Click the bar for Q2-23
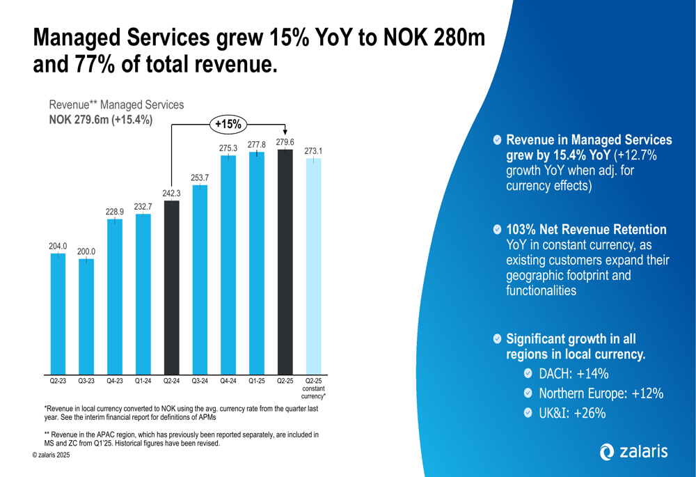click(x=58, y=313)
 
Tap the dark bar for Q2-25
click(x=285, y=261)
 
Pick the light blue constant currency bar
click(x=313, y=265)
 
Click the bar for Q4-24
click(x=228, y=265)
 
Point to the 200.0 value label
click(x=86, y=251)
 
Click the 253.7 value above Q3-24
click(x=200, y=178)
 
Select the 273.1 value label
click(x=314, y=150)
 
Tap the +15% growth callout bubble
click(x=229, y=125)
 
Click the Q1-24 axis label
click(x=143, y=382)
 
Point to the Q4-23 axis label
click(x=114, y=382)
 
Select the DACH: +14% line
click(x=574, y=375)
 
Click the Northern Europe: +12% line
click(x=601, y=394)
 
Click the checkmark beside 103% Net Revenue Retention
click(x=496, y=230)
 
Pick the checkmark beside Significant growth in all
click(x=496, y=339)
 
